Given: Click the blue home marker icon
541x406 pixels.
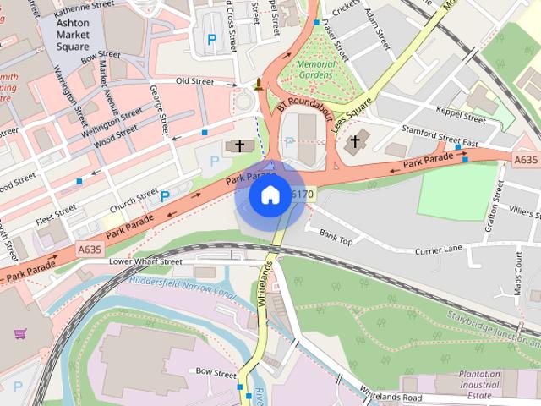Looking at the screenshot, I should [270, 195].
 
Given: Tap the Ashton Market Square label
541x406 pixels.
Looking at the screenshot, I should [73, 36].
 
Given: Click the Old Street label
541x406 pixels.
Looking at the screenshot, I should [194, 81].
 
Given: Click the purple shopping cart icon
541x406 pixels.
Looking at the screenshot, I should [20, 333].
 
